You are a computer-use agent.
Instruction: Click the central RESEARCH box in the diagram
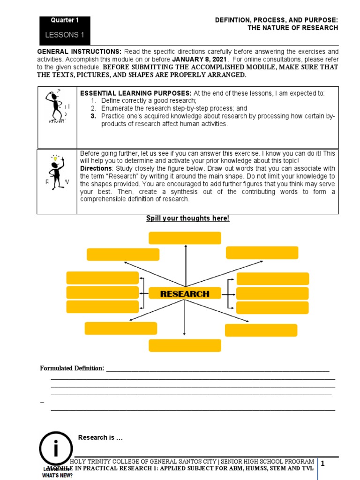tap(185, 294)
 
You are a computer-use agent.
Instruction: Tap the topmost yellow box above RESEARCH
tap(185, 238)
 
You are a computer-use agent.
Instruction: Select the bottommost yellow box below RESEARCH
tap(185, 345)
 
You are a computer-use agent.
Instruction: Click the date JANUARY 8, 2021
tap(200, 60)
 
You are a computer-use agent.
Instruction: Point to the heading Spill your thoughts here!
tap(187, 218)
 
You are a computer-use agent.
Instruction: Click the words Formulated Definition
tap(72, 368)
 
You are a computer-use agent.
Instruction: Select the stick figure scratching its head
tap(56, 106)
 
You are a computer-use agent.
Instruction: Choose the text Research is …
tap(100, 437)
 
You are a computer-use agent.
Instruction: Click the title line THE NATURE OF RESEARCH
tap(292, 28)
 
